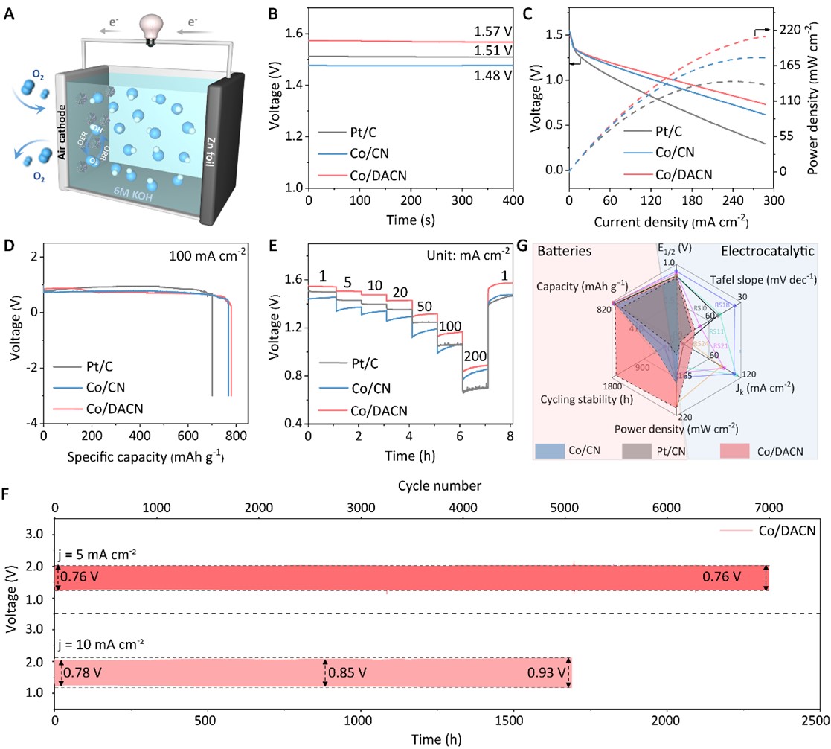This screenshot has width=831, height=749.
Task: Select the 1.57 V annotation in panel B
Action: coord(493,33)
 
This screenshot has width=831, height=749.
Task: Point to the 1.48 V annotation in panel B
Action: coord(493,75)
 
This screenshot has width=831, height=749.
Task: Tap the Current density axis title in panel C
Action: coord(671,221)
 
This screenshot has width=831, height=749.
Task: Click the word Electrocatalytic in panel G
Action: coord(777,252)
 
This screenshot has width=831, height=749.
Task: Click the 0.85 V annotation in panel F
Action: coord(349,673)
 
